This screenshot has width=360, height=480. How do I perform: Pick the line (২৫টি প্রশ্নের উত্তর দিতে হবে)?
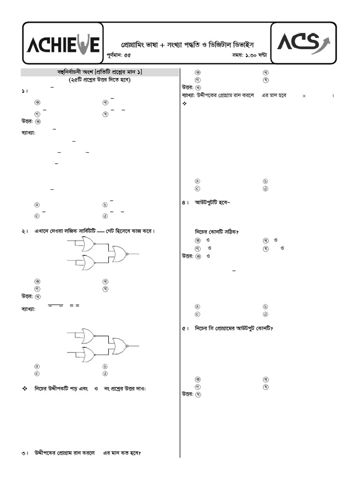click(99, 80)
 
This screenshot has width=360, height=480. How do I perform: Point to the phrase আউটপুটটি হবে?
click(213, 202)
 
